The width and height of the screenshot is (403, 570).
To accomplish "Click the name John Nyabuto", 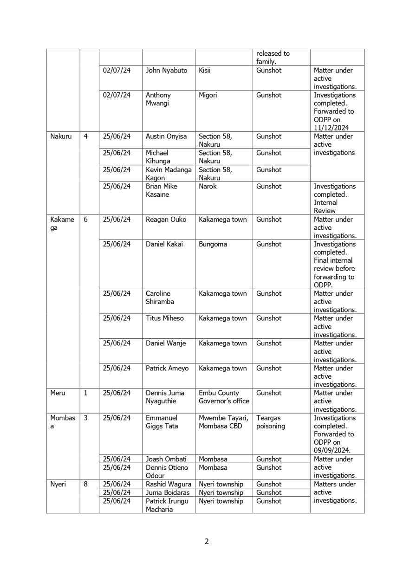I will point(167,71).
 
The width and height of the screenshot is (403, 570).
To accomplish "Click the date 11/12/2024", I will point(331,128).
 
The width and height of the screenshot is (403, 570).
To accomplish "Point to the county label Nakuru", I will point(61,136).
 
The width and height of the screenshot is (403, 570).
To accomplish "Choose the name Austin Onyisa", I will point(166,136).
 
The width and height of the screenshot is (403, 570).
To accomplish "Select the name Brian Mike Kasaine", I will point(162,190).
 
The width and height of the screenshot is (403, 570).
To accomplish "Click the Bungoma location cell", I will point(213,244).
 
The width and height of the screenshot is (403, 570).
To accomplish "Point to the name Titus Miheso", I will point(165,318).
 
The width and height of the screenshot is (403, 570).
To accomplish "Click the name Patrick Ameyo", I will point(167,368).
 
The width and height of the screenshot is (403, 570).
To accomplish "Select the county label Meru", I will point(58,393).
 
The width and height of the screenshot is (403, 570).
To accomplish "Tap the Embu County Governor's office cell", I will point(224,397).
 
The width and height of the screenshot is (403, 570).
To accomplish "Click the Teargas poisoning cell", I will point(271,422).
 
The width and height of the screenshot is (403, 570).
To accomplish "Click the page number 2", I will point(207,541).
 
